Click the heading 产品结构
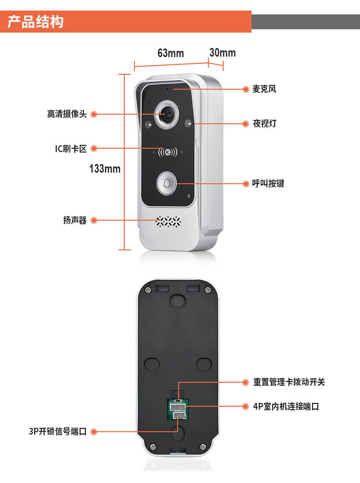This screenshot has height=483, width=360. pos(36,22)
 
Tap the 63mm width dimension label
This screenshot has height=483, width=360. pos(170,53)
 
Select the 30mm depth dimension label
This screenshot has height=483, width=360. pos(223,53)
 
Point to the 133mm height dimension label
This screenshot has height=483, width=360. pos(105,169)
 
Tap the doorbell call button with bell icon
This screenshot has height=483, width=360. pos(167,184)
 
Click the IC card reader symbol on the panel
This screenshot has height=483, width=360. pos(168,152)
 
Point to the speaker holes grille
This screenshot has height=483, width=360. pos(168,221)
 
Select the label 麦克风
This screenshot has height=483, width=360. pos(264,89)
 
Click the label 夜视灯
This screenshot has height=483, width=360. pos(264,124)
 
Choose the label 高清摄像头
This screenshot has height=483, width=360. pos(67,114)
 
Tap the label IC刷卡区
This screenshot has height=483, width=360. pos(71,149)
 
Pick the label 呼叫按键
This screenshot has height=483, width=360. pos(268,184)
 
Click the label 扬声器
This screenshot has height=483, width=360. pos(75,220)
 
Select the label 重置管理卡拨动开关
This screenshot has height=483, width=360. pos(289,382)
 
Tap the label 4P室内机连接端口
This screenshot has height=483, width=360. pos(286,406)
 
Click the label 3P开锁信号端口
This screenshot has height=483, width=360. pos(58,431)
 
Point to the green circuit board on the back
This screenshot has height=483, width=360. pos(178,409)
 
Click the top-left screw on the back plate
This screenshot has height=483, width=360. pos(148,290)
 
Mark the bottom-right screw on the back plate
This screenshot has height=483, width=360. pos(203,447)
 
